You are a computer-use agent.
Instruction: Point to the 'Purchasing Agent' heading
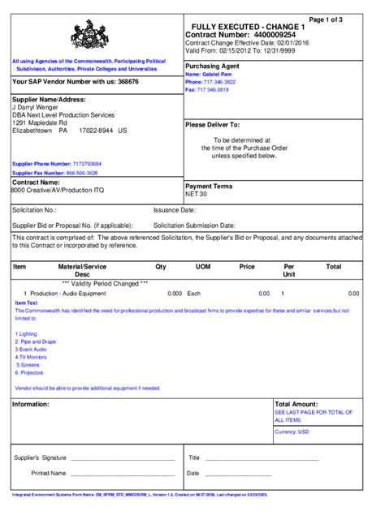212,66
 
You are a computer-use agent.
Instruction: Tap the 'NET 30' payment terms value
197,195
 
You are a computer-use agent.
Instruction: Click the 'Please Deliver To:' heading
213,125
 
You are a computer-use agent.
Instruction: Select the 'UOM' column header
203,266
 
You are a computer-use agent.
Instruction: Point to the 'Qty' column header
161,266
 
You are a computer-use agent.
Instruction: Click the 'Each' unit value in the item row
194,293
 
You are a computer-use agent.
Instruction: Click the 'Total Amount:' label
296,403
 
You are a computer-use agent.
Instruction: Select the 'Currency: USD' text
292,432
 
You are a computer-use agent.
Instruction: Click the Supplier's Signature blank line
122,459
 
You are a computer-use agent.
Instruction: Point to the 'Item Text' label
26,302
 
